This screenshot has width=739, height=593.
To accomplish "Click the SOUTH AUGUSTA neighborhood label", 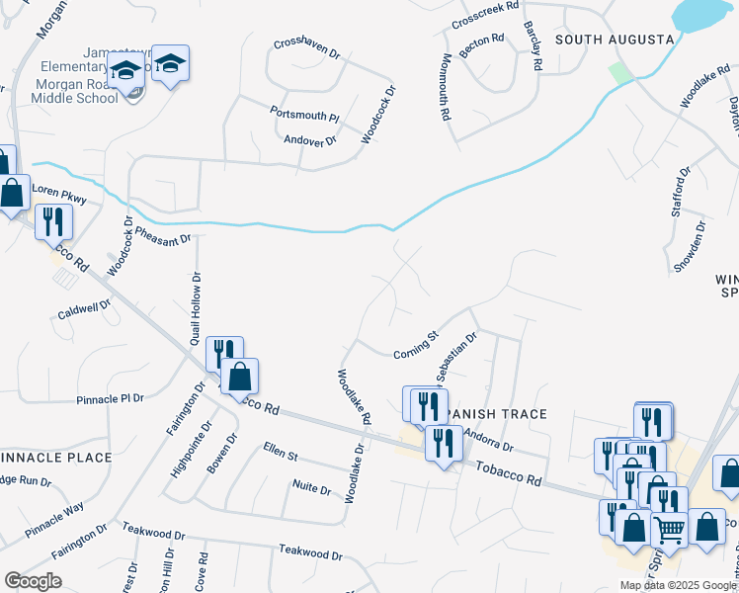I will [614, 40].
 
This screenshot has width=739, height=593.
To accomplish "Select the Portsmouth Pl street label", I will [304, 115].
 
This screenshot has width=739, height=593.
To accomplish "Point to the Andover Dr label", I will [310, 140].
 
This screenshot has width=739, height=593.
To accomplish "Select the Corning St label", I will [415, 345].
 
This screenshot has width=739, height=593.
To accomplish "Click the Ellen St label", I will [281, 452].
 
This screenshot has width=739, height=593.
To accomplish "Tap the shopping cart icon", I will [669, 531].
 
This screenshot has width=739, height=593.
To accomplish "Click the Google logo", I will [33, 580].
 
